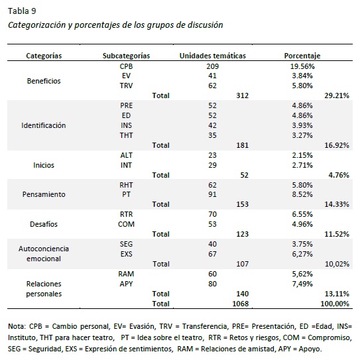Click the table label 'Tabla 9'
[22, 11]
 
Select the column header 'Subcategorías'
[127, 56]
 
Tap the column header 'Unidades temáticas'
[213, 56]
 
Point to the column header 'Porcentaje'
[302, 56]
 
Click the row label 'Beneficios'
[44, 81]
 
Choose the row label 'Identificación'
[44, 125]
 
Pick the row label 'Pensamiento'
[44, 195]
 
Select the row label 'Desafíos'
[44, 225]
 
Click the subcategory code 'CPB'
[127, 67]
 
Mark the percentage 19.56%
[302, 67]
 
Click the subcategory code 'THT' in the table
[127, 135]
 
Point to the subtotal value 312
[242, 96]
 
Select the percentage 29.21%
[336, 96]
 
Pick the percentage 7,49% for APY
[302, 284]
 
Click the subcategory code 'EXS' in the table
[127, 254]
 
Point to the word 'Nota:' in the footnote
[17, 326]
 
